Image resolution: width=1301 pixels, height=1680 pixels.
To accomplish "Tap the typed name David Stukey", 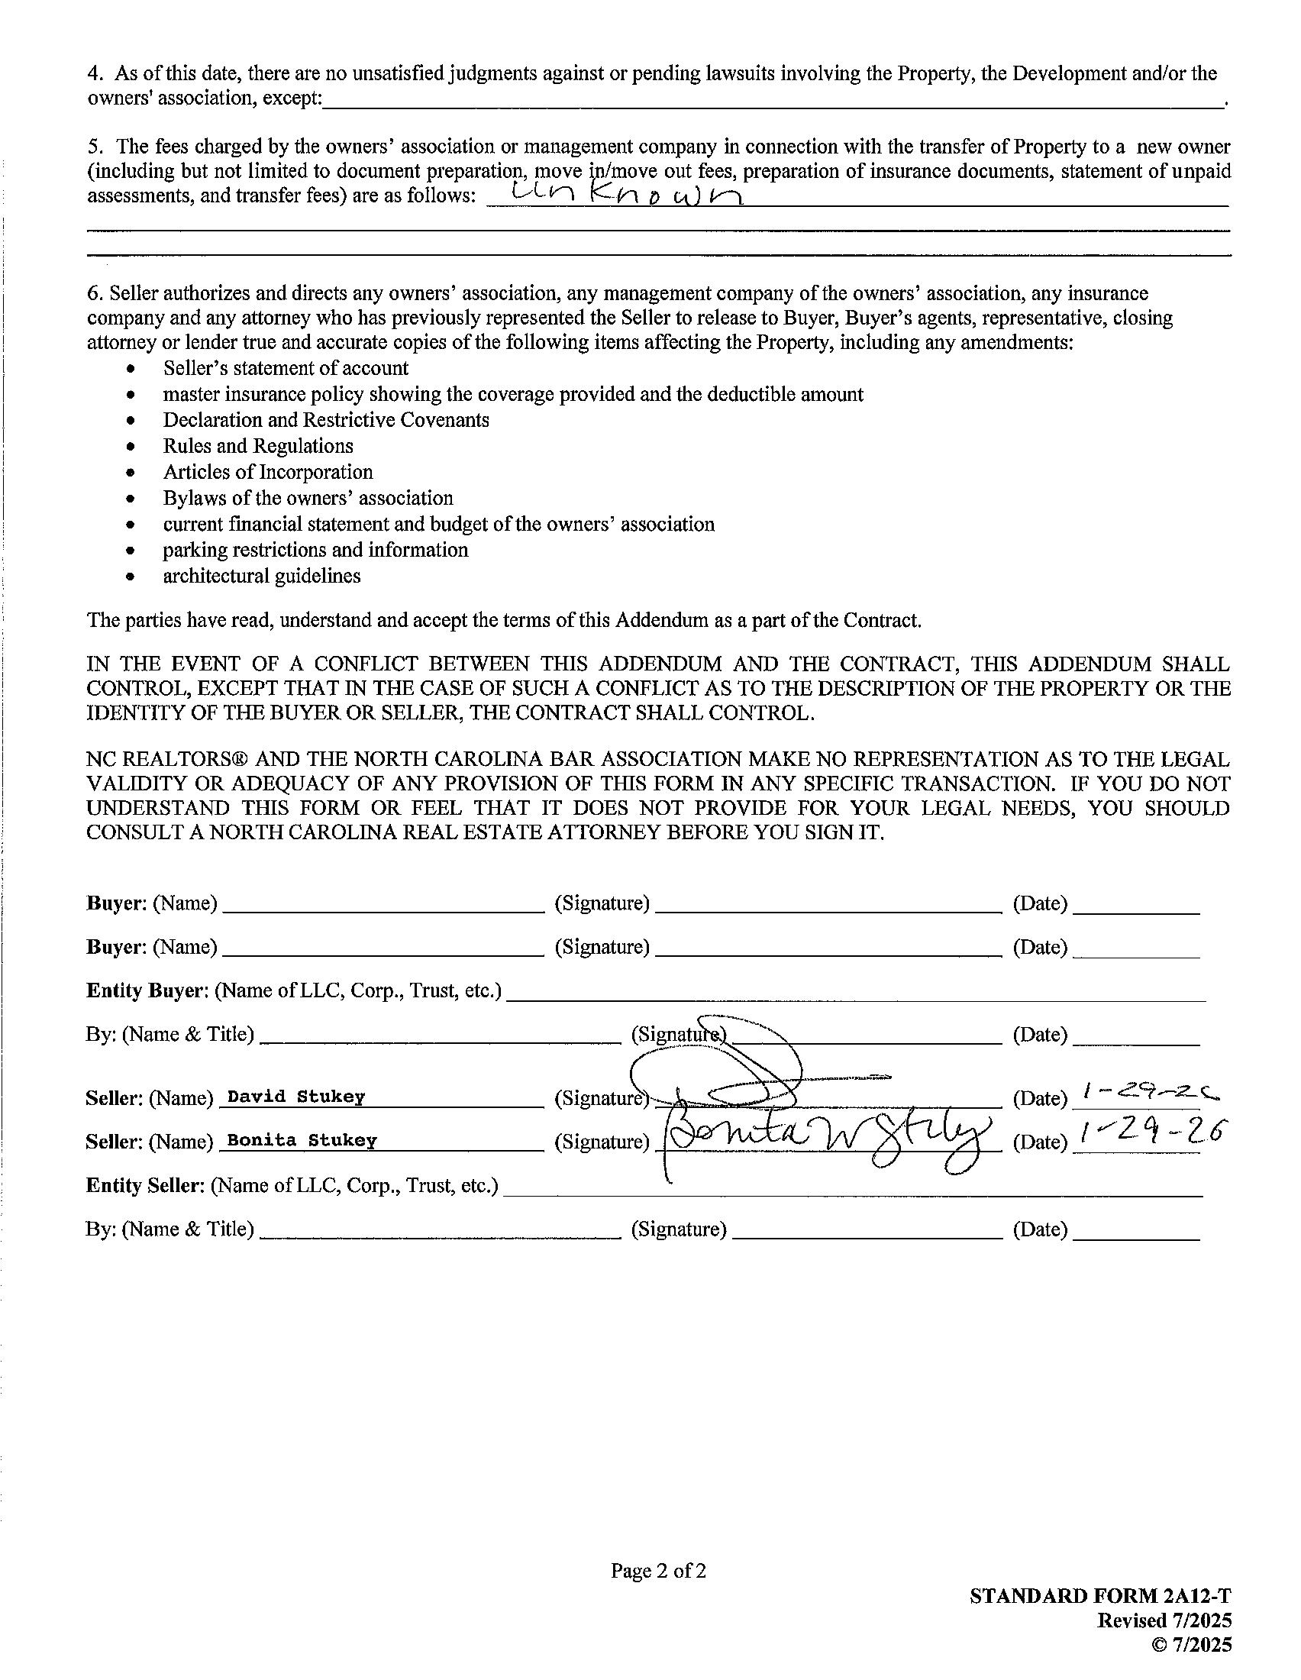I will pos(296,1096).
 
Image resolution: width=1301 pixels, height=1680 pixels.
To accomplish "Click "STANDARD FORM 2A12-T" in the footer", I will pos(1100,1596).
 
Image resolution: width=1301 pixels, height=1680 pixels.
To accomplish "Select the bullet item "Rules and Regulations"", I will pos(257,446).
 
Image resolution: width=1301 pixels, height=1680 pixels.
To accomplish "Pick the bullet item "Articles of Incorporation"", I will pos(267,472).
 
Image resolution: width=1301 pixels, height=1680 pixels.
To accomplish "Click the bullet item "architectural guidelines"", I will pos(261,576).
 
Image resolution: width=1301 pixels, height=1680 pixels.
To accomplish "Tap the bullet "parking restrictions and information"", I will pos(315,550).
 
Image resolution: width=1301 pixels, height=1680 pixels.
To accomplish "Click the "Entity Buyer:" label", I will pos(147,990).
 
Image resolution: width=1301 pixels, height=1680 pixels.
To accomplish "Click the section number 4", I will pos(95,74).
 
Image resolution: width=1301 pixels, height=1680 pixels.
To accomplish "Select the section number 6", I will pos(94,294).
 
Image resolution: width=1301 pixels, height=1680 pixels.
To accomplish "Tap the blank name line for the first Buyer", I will pos(383,906).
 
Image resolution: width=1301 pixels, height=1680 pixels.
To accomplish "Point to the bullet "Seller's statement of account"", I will pos(286,369).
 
